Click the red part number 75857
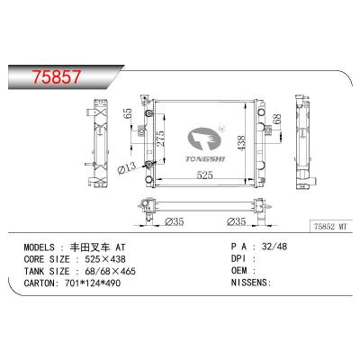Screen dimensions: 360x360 57,76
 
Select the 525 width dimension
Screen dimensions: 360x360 204,175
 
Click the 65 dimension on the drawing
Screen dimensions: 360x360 127,113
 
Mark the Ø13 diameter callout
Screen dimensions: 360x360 126,168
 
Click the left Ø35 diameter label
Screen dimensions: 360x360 175,222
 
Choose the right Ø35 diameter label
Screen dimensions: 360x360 237,221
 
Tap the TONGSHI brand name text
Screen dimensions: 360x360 205,158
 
